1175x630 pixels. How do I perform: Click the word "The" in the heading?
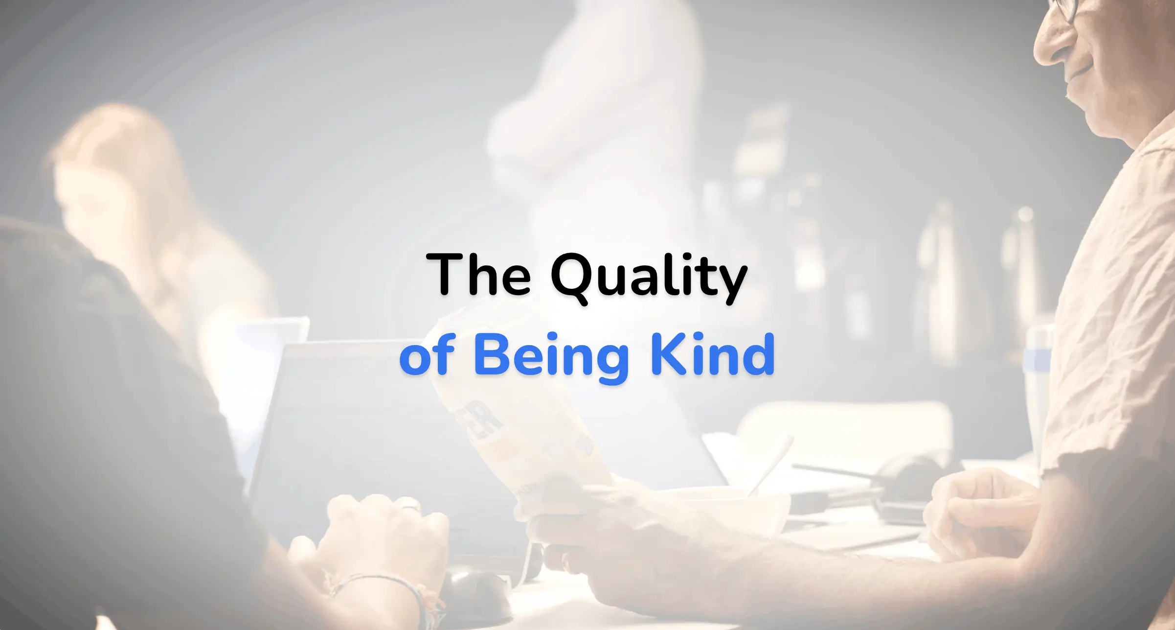(x=478, y=274)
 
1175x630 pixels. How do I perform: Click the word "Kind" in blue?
(x=712, y=354)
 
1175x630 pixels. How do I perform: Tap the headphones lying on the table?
(x=905, y=482)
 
